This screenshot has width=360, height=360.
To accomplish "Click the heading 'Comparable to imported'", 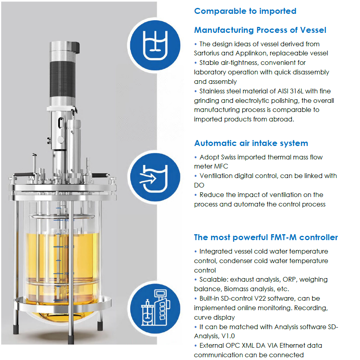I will tap(245, 11).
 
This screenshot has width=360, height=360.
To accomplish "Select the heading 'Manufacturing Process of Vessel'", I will tap(260, 30).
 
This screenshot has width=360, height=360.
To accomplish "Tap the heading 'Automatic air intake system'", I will tap(251, 143).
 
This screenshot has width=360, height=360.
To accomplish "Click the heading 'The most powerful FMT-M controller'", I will tap(266, 237).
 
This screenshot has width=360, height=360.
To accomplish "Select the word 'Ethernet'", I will tap(293, 345).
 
